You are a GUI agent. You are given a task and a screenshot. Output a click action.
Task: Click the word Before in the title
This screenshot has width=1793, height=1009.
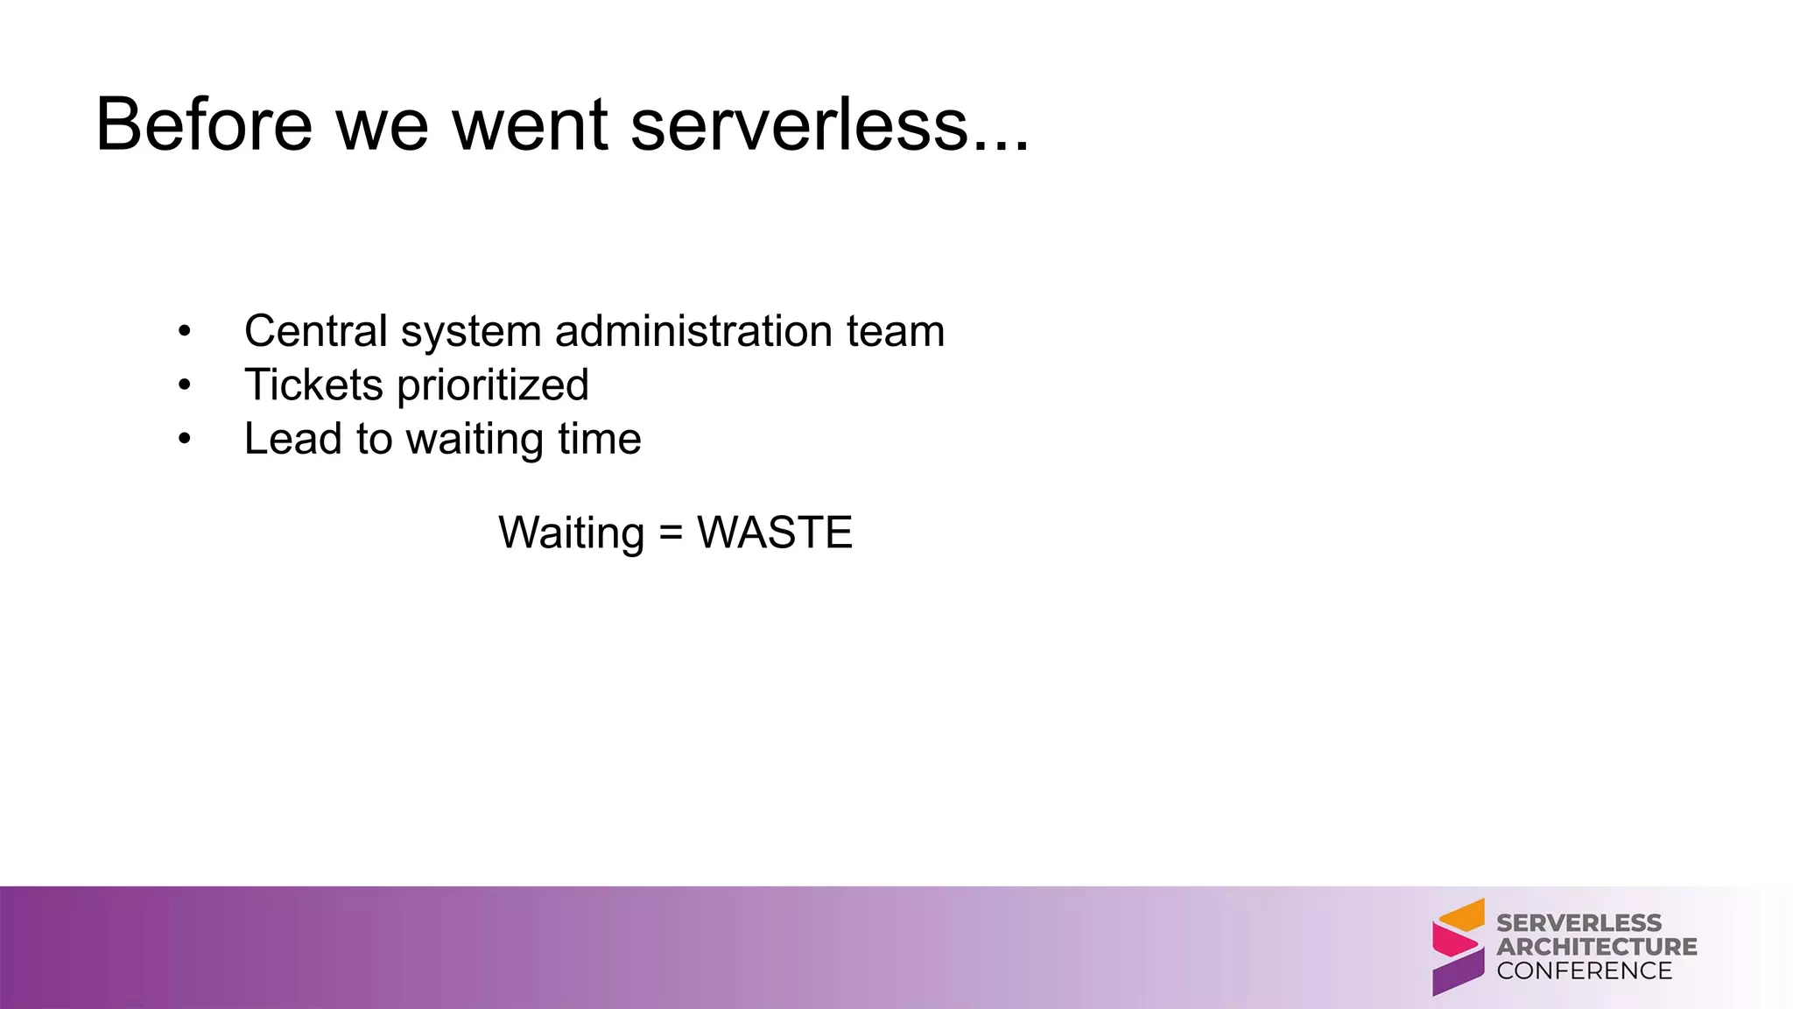203,124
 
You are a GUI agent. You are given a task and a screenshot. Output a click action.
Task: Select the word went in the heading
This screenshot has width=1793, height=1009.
530,124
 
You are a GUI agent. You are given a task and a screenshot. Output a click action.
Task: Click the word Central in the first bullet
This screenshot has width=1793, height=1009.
315,331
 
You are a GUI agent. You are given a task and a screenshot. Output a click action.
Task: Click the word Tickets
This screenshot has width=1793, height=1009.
313,385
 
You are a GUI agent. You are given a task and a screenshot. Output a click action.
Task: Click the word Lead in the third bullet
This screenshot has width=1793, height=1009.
292,439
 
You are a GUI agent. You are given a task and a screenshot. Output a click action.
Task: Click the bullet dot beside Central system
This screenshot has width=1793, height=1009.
184,332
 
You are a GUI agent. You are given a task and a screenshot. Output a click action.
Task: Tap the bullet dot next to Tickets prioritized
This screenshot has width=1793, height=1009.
184,385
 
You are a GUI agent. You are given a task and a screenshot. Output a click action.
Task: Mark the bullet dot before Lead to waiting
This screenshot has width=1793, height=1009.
184,440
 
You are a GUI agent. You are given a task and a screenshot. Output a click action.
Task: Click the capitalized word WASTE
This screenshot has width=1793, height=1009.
774,533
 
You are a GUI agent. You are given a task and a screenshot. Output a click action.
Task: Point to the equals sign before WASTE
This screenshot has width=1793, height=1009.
671,533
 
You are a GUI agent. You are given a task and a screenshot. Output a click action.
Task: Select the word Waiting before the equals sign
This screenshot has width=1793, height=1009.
571,533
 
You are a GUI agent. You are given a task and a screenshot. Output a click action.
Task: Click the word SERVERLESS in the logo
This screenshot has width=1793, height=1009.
1579,923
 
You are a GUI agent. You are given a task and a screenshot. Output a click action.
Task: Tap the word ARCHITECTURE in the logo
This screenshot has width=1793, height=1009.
1596,947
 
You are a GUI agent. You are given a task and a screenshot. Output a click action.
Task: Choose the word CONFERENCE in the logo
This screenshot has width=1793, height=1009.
1584,970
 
